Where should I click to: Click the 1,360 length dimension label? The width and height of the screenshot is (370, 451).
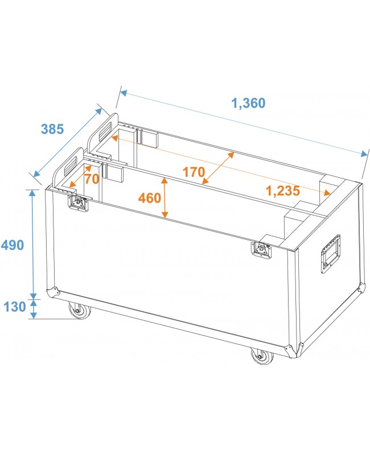[x=248, y=103]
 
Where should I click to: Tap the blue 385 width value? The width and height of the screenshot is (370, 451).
[x=52, y=129]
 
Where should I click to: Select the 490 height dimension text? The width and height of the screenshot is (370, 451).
[x=13, y=245]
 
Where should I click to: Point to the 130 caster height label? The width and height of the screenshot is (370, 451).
[x=14, y=307]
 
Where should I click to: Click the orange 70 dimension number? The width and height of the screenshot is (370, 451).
[x=92, y=178]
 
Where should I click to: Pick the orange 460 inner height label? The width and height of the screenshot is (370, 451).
[x=150, y=198]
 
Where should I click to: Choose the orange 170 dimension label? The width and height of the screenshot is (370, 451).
[x=194, y=172]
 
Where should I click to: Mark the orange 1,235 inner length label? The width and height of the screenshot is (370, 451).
[x=283, y=191]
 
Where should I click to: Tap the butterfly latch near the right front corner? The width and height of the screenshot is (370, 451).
[x=262, y=248]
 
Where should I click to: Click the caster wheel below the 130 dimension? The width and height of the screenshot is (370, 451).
[x=76, y=311]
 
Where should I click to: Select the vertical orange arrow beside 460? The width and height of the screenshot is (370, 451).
[x=165, y=198]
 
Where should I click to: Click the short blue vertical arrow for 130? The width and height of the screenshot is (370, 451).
[x=33, y=308]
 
